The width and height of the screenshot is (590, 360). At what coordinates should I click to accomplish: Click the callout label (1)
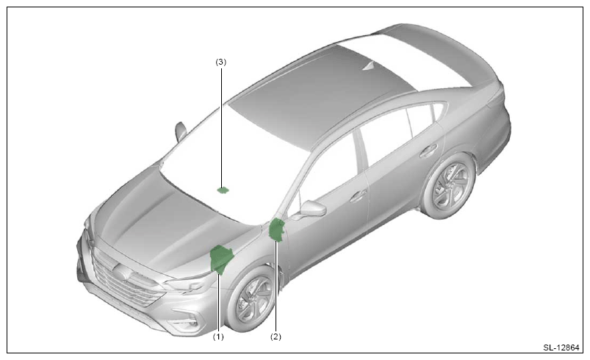pyautogui.click(x=218, y=336)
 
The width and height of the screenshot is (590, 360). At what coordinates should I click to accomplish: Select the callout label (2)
pyautogui.click(x=276, y=336)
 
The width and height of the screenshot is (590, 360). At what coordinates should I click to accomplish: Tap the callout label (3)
pyautogui.click(x=221, y=62)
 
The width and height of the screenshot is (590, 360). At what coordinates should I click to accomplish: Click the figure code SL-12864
pyautogui.click(x=561, y=348)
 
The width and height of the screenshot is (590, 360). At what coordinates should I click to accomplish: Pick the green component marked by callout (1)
pyautogui.click(x=221, y=259)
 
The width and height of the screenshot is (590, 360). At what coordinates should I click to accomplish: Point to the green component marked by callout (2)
pyautogui.click(x=276, y=229)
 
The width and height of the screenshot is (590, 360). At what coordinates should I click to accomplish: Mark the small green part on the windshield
pyautogui.click(x=223, y=190)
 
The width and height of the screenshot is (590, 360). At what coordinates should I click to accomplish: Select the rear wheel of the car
pyautogui.click(x=449, y=186)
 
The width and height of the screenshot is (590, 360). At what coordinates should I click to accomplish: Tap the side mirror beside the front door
pyautogui.click(x=312, y=209)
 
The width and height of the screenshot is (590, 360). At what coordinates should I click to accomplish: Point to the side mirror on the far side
pyautogui.click(x=181, y=131)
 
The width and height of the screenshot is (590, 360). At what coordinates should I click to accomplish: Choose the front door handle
pyautogui.click(x=359, y=196)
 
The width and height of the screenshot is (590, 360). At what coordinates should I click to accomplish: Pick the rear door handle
pyautogui.click(x=428, y=150)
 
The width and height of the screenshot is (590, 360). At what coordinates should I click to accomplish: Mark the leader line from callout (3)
pyautogui.click(x=221, y=127)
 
